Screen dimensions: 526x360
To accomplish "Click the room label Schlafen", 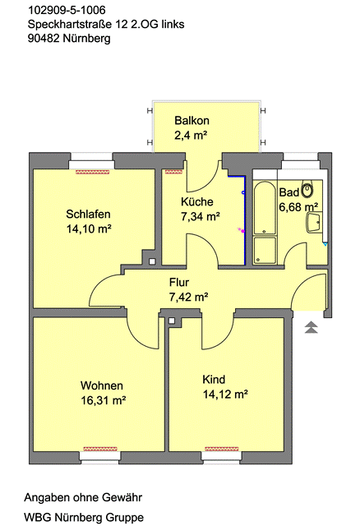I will (88, 215).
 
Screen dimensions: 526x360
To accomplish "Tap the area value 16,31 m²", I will (103, 400).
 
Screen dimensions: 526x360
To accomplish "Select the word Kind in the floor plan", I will (213, 380).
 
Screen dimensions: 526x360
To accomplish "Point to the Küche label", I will (197, 201).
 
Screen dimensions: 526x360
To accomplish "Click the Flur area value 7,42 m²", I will (188, 297).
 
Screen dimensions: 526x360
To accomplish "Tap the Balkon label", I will (191, 121).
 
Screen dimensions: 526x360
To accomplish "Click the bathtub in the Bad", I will (264, 209).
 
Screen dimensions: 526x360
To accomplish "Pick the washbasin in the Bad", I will (314, 222).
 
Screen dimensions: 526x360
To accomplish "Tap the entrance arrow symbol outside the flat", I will (311, 328).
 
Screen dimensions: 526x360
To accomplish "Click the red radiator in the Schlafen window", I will (91, 172).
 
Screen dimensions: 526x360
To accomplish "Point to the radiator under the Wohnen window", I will (104, 449).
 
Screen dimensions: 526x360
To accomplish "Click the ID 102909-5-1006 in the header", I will (67, 11).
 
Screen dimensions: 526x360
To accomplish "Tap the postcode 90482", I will (43, 38).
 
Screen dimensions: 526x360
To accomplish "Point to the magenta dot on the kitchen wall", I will (241, 231).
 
